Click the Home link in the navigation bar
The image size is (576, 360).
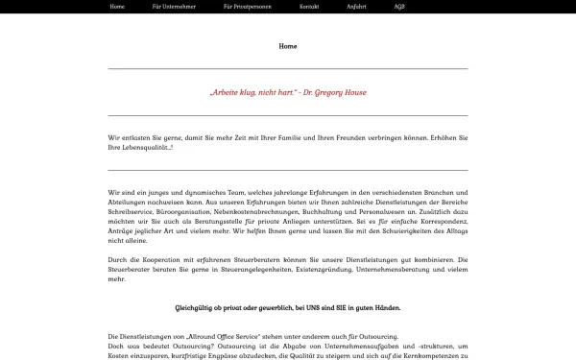pyautogui.click(x=117, y=6)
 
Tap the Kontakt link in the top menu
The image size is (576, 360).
pyautogui.click(x=309, y=6)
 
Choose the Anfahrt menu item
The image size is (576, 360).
pyautogui.click(x=356, y=6)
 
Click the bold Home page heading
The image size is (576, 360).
pyautogui.click(x=288, y=46)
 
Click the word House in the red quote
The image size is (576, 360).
pyautogui.click(x=355, y=93)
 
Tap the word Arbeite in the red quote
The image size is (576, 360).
pyautogui.click(x=224, y=93)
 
